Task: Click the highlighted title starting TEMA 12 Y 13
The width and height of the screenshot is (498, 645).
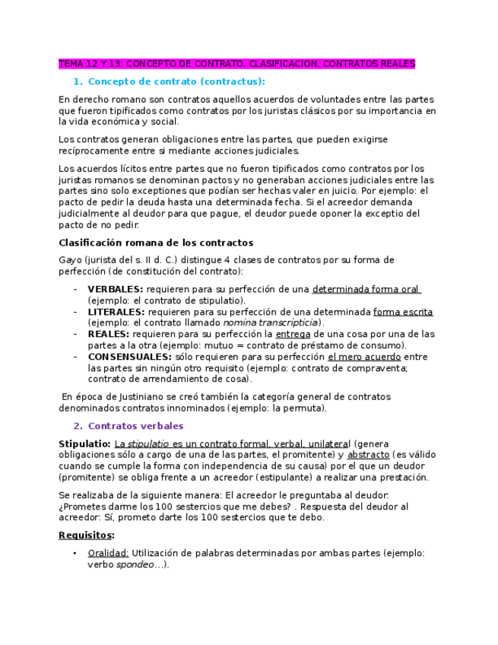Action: coord(236,64)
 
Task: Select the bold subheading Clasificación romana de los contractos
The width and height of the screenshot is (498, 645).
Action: coord(156,243)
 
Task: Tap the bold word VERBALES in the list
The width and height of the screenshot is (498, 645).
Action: coord(115,289)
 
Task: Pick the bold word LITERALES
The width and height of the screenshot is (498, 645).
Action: coord(116,312)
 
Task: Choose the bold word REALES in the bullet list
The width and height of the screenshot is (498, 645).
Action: coord(108,334)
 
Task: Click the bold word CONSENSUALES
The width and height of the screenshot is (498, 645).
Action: coord(129,357)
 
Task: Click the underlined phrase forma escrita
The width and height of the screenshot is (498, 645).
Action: coord(403,312)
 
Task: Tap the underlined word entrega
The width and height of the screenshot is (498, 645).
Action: coord(293,334)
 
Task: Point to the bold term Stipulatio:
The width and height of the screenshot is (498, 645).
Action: coord(84,443)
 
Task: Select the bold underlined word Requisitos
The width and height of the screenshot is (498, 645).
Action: coord(85,535)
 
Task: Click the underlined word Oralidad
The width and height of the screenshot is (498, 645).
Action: coord(108,553)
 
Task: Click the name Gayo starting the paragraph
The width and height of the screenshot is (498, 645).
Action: coord(70,260)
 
